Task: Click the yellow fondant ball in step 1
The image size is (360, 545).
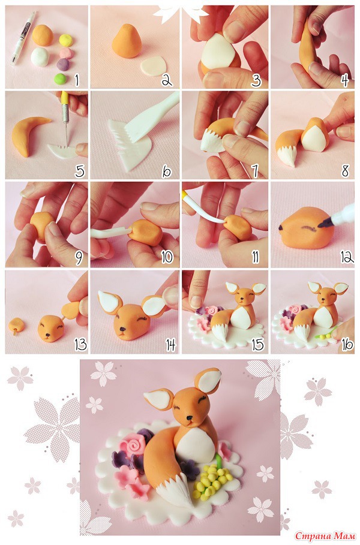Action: tap(66, 41)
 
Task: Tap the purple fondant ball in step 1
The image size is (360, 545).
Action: tap(63, 64)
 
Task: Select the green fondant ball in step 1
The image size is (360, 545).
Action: tap(60, 79)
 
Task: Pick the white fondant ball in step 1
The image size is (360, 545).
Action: tap(40, 56)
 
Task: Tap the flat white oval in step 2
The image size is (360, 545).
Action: tap(154, 65)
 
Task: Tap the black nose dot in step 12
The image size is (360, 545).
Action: tap(280, 228)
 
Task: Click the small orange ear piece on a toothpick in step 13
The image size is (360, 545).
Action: tap(17, 326)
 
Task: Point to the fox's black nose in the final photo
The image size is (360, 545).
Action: tap(189, 417)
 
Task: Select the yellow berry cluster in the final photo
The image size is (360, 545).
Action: tap(209, 481)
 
